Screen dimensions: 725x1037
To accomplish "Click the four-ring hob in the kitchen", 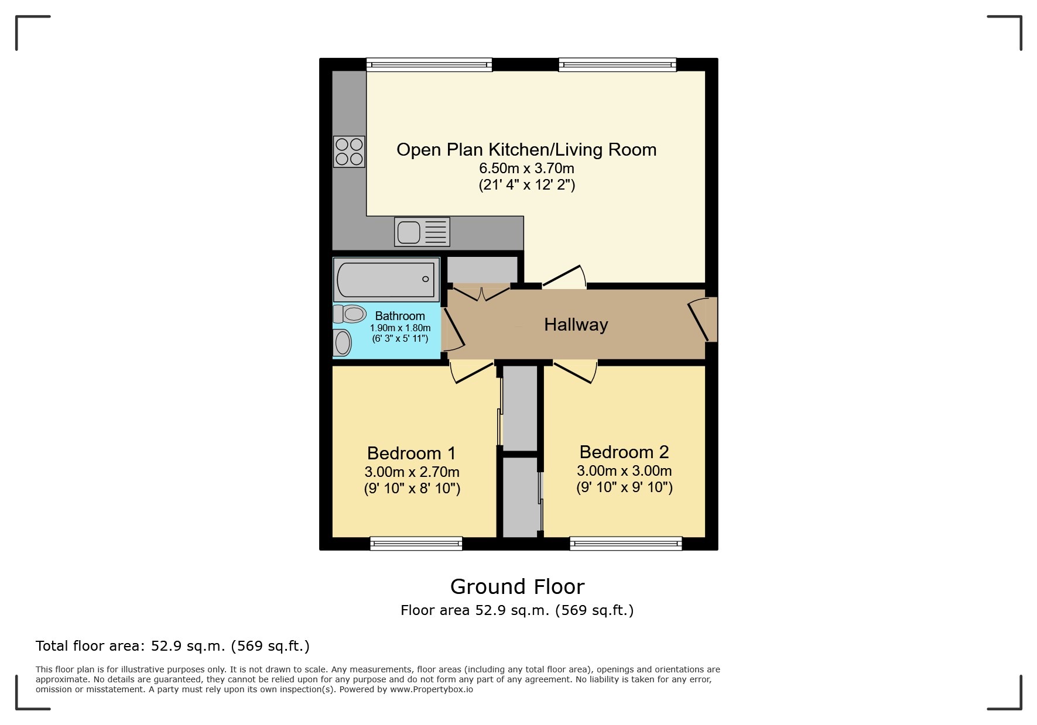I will pos(349,152).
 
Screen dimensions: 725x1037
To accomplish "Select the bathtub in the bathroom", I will pos(386,280).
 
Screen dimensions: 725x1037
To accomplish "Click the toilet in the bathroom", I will pos(350,314).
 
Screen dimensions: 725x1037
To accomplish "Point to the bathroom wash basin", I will pos(342,342).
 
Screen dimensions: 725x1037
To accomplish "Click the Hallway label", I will pos(576,325).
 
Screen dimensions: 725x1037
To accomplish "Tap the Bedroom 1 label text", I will pos(411,453).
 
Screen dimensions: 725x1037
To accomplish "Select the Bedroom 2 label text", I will pos(624,452).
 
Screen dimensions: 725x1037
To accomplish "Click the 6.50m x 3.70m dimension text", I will pos(526,169).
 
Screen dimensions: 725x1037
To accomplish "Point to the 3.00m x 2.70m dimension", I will pos(412,472).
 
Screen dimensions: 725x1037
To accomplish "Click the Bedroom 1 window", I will pos(416,544).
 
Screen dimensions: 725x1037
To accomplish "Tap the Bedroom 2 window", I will pos(625,544).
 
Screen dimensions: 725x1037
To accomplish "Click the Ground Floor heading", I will pos(517,586).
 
